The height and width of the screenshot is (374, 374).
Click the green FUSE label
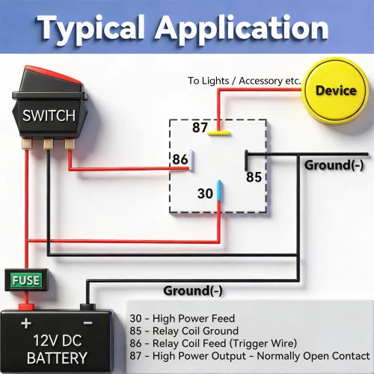[25, 280]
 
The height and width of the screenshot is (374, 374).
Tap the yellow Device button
[336, 91]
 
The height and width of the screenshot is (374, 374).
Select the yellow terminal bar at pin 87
[218, 133]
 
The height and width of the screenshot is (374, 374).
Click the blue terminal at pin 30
[218, 190]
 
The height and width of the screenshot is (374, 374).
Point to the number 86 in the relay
[180, 159]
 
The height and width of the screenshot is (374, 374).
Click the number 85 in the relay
[254, 177]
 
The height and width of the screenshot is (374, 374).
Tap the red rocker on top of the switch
[53, 74]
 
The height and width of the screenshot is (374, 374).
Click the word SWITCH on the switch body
[49, 116]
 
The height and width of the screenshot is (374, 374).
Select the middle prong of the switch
[48, 144]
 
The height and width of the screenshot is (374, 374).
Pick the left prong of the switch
[27, 144]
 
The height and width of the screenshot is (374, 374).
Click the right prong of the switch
[70, 144]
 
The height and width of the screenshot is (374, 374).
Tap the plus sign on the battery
[26, 323]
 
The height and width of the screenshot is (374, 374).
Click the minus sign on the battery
[88, 323]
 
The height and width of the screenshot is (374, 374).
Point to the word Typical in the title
[91, 28]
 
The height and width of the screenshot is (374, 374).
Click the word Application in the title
[242, 28]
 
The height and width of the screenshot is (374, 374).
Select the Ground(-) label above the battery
[193, 291]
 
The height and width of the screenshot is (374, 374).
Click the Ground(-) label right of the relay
[334, 165]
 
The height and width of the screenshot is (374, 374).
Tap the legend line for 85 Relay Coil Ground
[184, 331]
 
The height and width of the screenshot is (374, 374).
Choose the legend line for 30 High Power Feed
[183, 319]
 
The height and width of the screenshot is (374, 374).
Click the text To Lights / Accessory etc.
[245, 81]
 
